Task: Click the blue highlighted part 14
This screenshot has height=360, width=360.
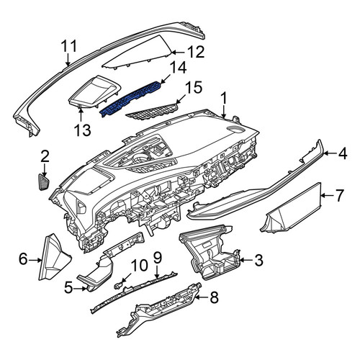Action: point(131,99)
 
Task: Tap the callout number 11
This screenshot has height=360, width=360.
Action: point(69,46)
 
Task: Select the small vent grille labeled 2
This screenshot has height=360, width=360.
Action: point(44,182)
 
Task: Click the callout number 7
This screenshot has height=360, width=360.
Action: point(339,196)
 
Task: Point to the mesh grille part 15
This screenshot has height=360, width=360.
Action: point(153,112)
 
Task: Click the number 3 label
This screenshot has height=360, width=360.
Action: point(258,260)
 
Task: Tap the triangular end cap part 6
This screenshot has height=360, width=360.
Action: point(54,257)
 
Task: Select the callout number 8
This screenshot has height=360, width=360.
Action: point(214,297)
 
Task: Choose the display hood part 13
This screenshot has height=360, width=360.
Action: point(94,92)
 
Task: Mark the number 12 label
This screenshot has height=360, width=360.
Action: point(196,52)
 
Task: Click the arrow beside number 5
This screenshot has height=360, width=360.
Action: point(80,289)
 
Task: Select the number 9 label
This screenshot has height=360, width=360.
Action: point(157,258)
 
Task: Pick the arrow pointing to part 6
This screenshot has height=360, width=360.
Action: point(36,260)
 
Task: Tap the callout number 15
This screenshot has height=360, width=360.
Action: point(194,88)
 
